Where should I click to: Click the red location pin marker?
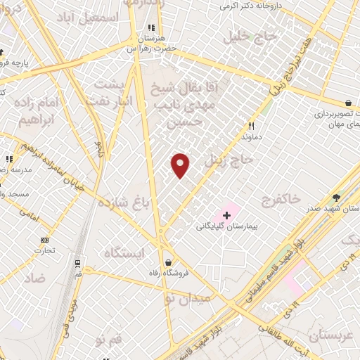tap(181, 165)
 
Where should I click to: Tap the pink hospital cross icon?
tap(226, 214)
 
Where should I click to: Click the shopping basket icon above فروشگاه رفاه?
tap(168, 262)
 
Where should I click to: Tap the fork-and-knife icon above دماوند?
tap(250, 127)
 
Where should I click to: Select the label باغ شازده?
tap(124, 203)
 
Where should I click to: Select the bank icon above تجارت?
tap(44, 240)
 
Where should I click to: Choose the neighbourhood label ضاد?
tap(35, 278)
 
